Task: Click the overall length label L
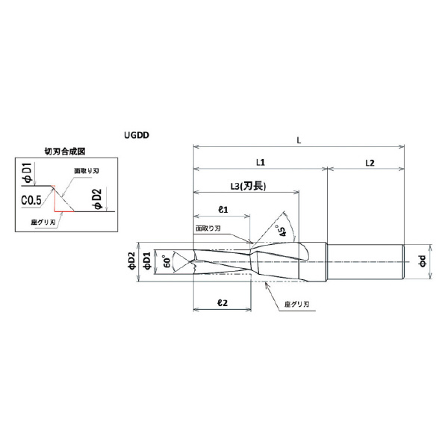[299, 140]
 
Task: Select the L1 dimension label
[261, 161]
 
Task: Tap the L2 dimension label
[369, 161]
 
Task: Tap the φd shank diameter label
[423, 261]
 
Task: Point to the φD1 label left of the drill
[148, 261]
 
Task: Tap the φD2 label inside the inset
[98, 200]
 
